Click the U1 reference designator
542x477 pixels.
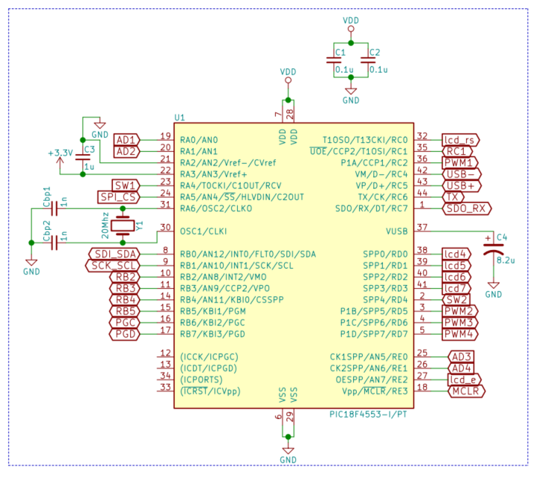coord(179,118)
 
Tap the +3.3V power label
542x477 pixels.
coord(60,153)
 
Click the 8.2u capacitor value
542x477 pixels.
coord(506,261)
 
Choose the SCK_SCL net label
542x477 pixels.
coord(114,265)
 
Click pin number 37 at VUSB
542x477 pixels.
coord(422,227)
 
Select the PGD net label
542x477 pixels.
coord(123,334)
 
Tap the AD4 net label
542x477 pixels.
coord(461,368)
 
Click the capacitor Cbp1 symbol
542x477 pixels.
coord(54,208)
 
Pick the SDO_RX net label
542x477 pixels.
coord(465,208)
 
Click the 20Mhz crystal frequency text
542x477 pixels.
coord(106,225)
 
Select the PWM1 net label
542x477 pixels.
coord(459,162)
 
